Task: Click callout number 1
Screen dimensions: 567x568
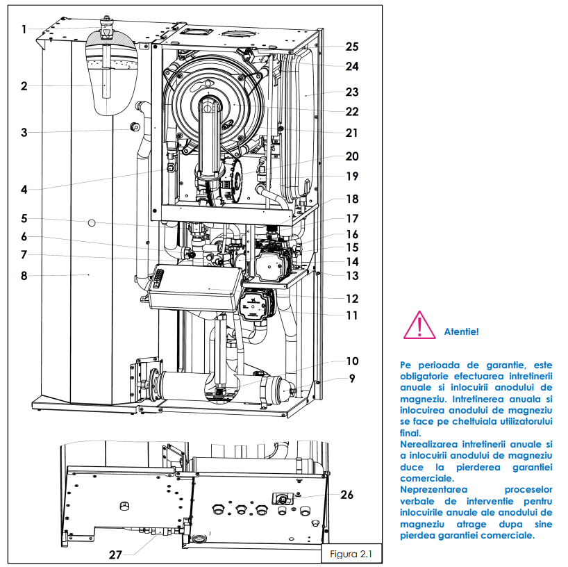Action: pos(24,30)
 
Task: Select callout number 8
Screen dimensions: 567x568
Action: pos(24,276)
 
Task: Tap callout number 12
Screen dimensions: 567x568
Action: pos(353,299)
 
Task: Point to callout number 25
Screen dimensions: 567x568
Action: pos(353,47)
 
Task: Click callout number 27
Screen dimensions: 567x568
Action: pos(117,554)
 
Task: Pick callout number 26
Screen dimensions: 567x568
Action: pos(346,495)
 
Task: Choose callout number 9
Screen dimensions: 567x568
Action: pos(352,379)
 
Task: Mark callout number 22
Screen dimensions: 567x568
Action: pos(353,111)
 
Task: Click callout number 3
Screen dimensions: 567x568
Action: pos(24,132)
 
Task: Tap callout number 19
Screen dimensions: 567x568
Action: pos(352,176)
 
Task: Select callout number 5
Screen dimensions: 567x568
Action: pos(24,218)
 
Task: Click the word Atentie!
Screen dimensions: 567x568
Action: pos(461,331)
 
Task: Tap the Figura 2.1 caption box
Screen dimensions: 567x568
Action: pos(347,554)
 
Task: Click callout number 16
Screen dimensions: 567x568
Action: pos(353,234)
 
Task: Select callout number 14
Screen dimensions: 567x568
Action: pos(353,262)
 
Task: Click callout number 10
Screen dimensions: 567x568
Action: pos(352,361)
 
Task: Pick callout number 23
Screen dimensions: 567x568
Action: pos(353,92)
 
